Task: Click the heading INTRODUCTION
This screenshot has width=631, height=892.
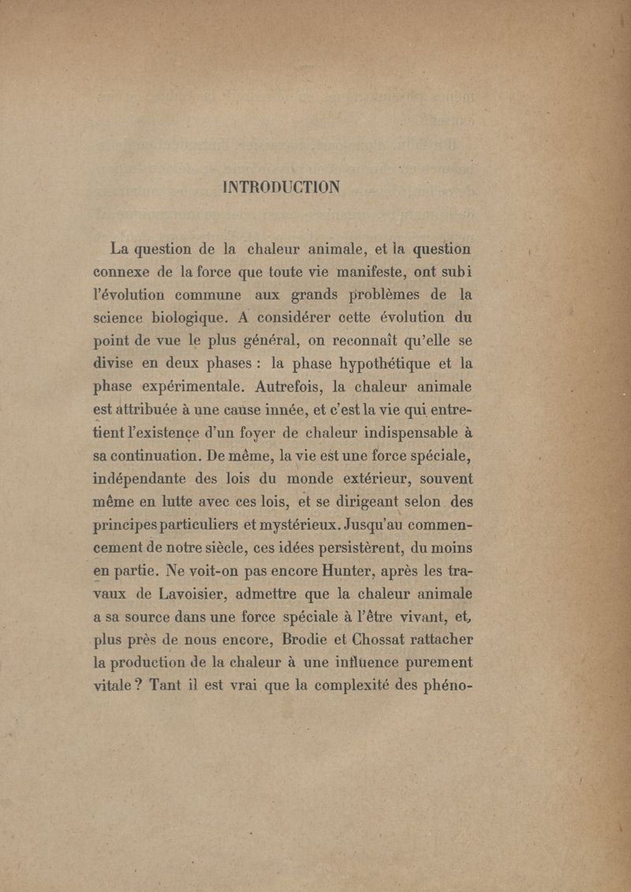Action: coord(282,187)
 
